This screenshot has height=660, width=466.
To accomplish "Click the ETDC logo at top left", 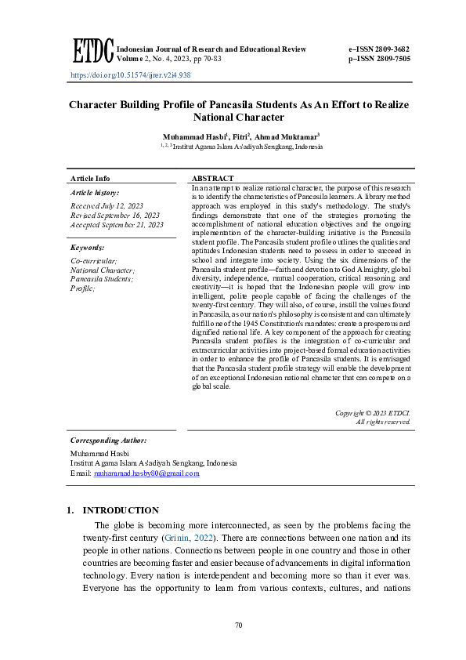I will (x=92, y=52).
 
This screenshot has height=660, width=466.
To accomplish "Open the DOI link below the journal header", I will (x=130, y=76).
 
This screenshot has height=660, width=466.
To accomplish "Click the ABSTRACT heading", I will (x=212, y=179).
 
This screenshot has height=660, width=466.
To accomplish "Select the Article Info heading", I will (x=90, y=179).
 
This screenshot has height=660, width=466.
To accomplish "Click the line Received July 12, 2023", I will (x=108, y=205).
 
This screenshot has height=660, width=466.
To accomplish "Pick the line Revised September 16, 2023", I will (x=115, y=215).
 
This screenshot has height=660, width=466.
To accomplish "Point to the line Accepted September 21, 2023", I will (x=117, y=225).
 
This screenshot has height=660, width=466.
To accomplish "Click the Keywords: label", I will (x=88, y=248).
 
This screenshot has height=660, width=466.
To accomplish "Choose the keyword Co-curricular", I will (x=94, y=260).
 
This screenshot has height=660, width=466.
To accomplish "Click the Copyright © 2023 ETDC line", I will (x=372, y=412).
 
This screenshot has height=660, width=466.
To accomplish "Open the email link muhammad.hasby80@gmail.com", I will (x=146, y=473).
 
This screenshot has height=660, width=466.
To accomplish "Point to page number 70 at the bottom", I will (x=240, y=625).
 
